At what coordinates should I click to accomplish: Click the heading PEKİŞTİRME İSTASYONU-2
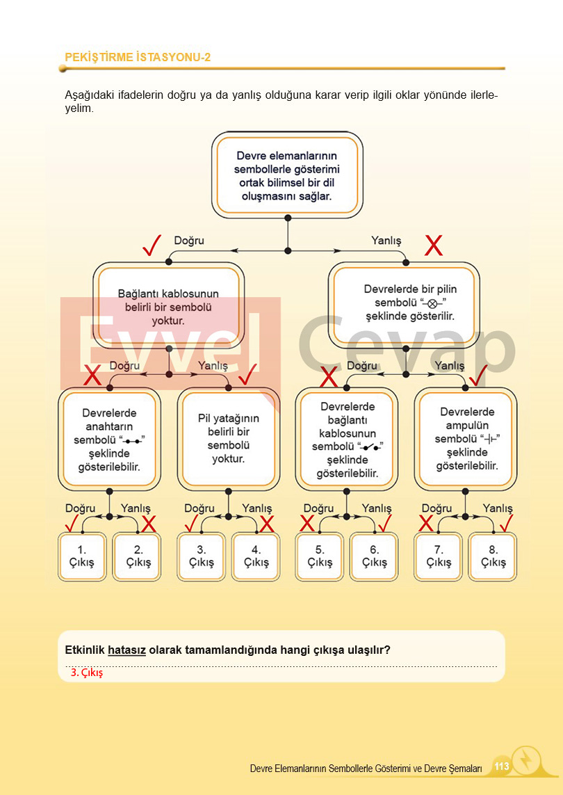tap(138, 57)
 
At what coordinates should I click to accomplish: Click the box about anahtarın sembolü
tap(109, 439)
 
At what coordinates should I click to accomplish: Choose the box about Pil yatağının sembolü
tap(228, 439)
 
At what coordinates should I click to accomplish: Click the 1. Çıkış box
tap(82, 557)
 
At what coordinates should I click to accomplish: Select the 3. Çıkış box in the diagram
tap(202, 557)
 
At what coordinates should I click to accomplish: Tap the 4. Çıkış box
tap(256, 557)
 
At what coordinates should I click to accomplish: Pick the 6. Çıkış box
tap(374, 557)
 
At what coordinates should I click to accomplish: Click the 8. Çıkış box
tap(493, 557)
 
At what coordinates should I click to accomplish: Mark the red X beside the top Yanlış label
tap(434, 245)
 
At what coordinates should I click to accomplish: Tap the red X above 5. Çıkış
tap(307, 523)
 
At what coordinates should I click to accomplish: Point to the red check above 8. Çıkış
tap(506, 522)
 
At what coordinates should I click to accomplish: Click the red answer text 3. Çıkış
tap(86, 673)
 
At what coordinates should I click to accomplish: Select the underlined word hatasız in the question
tap(127, 650)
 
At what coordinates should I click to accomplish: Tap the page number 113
tap(501, 766)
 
